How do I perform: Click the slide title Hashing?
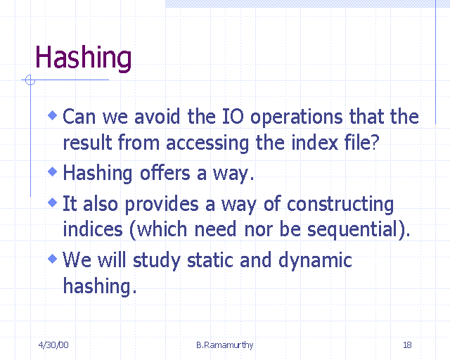click(83, 58)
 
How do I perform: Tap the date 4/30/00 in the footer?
click(53, 345)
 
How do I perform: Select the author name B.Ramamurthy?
click(225, 345)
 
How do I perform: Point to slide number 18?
click(407, 345)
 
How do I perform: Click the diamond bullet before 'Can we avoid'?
click(53, 115)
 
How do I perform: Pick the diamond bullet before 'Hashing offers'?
click(53, 172)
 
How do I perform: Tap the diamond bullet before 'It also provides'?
click(53, 202)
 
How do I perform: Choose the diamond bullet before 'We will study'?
click(53, 259)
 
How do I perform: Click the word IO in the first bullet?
click(233, 117)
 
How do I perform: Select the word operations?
click(297, 118)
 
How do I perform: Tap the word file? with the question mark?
click(362, 142)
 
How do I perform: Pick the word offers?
click(165, 173)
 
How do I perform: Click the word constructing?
click(340, 205)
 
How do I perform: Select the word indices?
click(93, 229)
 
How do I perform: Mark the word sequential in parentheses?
click(352, 231)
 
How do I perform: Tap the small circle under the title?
click(30, 80)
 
